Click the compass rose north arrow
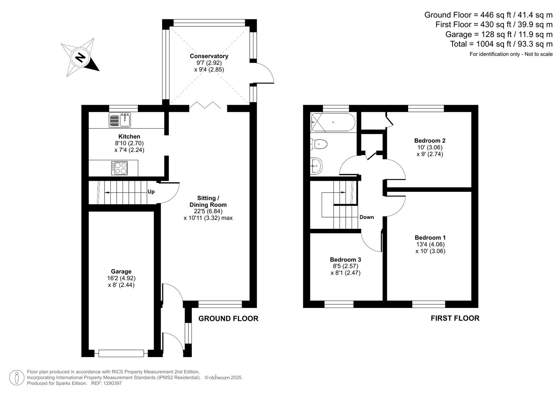point(80,57)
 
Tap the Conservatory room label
point(209,56)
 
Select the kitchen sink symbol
point(120,120)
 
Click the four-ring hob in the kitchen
point(120,168)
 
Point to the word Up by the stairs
point(151,192)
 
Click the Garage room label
point(121,272)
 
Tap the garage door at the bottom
point(121,353)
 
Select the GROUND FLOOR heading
point(228,319)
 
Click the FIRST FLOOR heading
point(455,318)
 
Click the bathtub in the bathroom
point(333,122)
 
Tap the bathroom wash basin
point(316,166)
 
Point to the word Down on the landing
point(366,217)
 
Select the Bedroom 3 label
point(345,260)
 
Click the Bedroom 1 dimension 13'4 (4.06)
point(430,244)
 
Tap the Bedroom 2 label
point(429,140)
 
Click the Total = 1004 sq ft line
point(501,44)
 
